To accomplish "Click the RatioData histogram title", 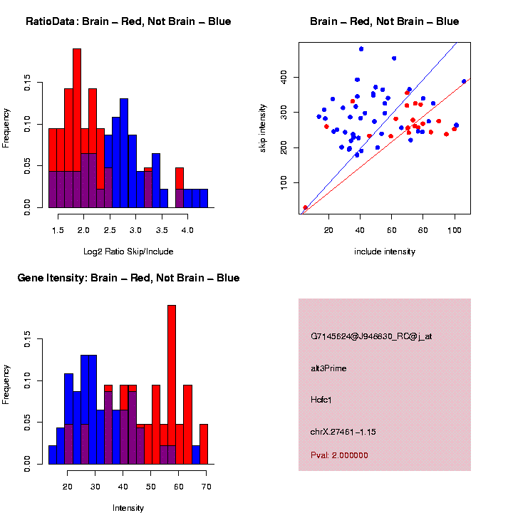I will (128, 21).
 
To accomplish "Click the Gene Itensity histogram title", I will (128, 277).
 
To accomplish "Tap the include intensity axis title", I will (385, 252).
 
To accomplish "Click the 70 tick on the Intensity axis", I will (206, 488).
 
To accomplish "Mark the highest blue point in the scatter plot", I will (361, 49).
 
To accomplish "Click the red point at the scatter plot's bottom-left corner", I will (306, 208).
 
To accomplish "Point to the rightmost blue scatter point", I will (464, 81).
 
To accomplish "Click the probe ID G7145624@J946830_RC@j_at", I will (371, 336).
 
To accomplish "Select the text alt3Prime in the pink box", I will (328, 368).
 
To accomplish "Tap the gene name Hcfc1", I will (321, 400).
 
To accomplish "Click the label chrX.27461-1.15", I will (343, 432).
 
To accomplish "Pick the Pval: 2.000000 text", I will (339, 455).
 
